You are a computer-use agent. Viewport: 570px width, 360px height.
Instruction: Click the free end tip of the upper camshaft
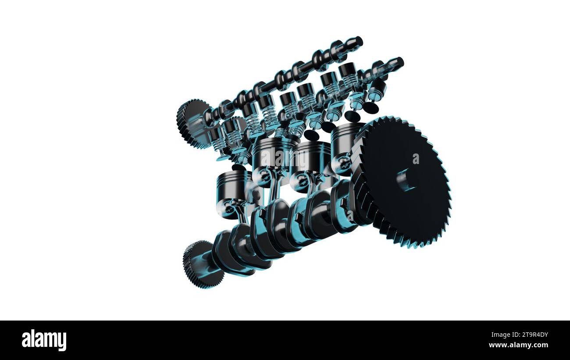359,41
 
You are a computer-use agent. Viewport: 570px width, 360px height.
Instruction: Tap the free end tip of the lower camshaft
399,62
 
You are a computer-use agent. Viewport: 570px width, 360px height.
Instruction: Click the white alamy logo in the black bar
44,340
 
